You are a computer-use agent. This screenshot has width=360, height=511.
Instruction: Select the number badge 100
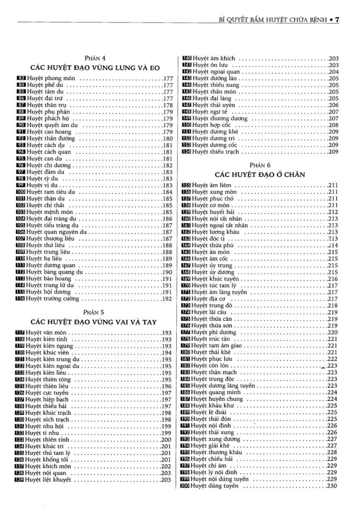tap(21, 192)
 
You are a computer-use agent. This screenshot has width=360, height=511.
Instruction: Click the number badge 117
tap(20, 333)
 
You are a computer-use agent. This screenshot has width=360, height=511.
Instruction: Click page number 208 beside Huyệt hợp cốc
tap(333, 125)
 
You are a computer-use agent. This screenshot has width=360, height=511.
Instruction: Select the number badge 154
tap(187, 152)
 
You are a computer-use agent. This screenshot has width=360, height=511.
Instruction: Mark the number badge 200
tap(185, 486)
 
